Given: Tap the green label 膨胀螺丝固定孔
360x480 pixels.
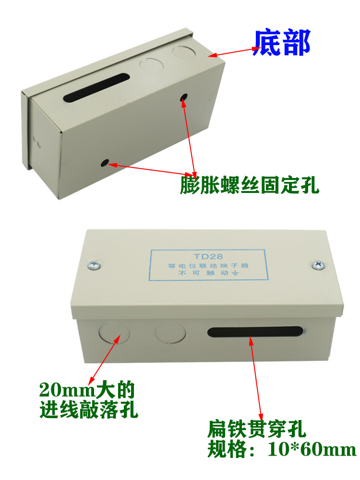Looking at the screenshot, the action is point(250,185).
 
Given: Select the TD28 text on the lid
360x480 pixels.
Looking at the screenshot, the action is point(208,256).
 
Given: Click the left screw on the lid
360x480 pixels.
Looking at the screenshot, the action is point(95,265).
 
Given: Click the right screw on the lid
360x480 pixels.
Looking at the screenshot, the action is point(318,265).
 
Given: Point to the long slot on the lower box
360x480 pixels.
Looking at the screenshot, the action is point(255,332).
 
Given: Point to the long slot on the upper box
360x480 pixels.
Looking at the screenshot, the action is point(96,87).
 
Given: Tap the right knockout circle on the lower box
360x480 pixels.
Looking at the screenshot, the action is point(170,333).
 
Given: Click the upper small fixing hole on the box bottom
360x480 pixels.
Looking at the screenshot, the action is point(184,97).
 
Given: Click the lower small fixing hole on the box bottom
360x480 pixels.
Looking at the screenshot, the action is point(105,163).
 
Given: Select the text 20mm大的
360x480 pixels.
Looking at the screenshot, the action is point(87,390).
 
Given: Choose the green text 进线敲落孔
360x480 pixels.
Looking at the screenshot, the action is point(89,409).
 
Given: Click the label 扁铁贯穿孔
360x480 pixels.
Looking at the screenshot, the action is point(256,430).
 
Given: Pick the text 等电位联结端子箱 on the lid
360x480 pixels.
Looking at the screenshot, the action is point(208,265).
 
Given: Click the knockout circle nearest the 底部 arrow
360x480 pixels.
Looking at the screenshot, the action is point(184,51).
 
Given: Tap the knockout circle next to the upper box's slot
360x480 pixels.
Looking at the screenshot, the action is point(151,65).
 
